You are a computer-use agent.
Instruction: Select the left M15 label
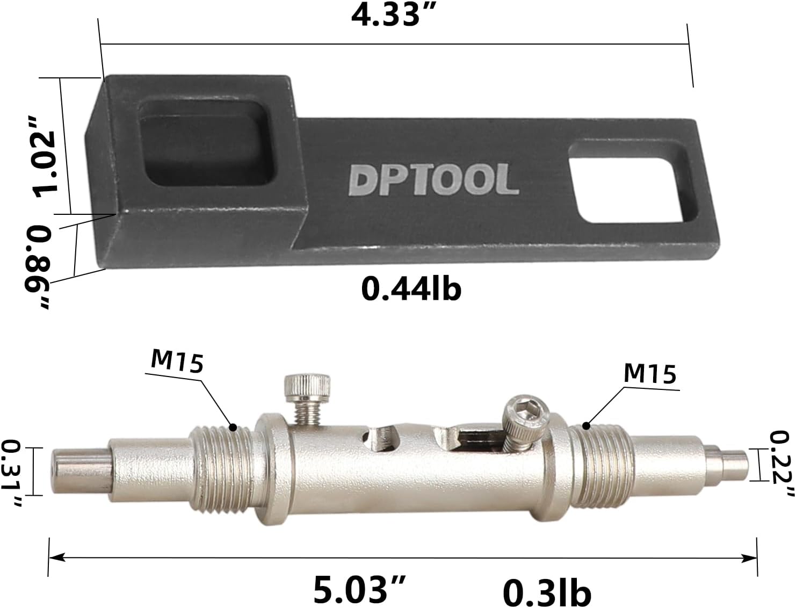177,361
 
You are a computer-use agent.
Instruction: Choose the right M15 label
649,373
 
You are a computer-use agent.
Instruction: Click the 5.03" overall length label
359,588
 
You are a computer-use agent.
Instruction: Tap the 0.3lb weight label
547,591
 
